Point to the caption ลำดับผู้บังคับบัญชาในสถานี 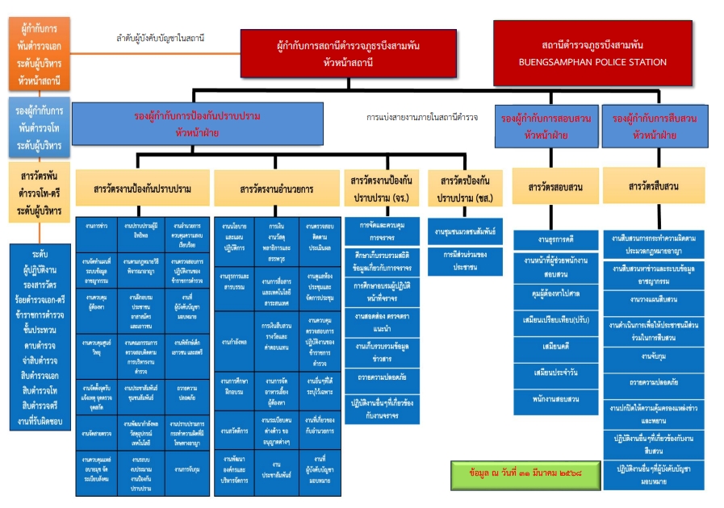coord(160,38)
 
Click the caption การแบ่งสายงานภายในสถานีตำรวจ coord(421,117)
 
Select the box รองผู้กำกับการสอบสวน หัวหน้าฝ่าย coord(545,126)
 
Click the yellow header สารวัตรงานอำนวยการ coord(277,189)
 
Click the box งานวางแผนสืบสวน coord(654,299)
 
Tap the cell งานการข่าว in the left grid coord(97,227)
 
